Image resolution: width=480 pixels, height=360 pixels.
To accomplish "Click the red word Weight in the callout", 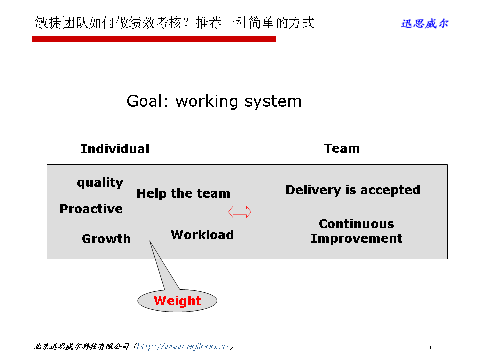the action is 177,301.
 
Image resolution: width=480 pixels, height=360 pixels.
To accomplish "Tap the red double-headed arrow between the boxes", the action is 240,212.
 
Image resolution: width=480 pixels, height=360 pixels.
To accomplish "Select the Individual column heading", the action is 115,149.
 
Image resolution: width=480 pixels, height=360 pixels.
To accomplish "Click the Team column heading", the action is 342,149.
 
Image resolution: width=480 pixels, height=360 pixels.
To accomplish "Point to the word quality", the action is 100,183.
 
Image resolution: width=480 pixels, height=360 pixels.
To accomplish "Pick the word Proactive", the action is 91,209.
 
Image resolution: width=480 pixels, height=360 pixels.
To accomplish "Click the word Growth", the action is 106,239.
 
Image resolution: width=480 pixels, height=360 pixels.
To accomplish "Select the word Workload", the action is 202,235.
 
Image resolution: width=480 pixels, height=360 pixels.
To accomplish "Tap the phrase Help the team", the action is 183,194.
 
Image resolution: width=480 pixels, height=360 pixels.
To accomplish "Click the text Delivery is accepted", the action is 353,190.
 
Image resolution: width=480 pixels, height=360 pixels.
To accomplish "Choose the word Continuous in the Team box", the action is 356,224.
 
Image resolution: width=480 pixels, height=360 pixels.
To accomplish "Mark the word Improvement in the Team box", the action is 357,239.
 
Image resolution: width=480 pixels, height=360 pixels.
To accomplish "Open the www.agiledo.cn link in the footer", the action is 183,347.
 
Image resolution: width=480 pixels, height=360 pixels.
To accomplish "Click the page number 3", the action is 430,347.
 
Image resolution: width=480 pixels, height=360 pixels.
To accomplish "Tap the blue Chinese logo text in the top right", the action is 425,23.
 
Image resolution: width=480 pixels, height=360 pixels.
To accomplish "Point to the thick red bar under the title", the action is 154,39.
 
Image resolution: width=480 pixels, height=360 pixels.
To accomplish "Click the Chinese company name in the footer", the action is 81,347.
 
